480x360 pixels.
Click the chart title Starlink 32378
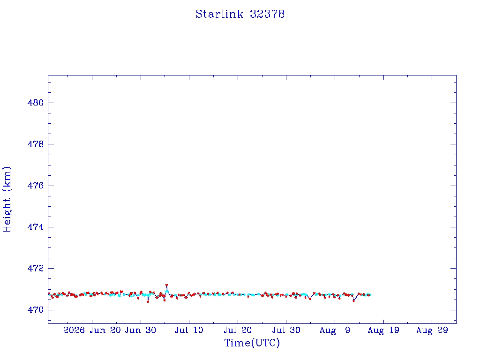point(240,14)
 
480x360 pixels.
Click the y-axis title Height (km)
point(7,199)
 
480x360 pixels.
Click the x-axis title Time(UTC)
point(252,343)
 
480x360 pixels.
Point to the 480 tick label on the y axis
point(36,103)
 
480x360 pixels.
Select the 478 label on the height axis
point(36,144)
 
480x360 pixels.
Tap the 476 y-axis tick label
point(36,186)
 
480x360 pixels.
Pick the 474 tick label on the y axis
point(36,227)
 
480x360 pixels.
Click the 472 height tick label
point(36,268)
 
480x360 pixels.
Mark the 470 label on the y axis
point(36,309)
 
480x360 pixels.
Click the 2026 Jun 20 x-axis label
point(92,330)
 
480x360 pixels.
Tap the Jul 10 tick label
point(189,330)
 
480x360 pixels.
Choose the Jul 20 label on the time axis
point(238,330)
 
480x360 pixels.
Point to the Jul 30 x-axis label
point(286,330)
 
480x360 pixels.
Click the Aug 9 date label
point(335,330)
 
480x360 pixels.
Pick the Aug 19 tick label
point(383,330)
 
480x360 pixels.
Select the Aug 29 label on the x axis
point(432,330)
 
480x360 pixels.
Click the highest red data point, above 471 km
point(166,285)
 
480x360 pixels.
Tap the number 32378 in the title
point(267,14)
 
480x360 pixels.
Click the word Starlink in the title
point(219,14)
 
